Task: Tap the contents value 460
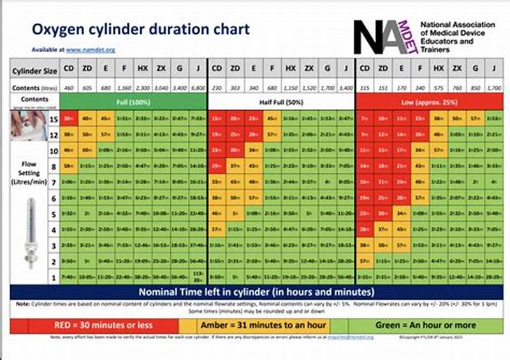coord(68,87)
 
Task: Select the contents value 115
coord(365,87)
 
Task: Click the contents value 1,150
coord(290,87)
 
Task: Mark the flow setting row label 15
coord(54,119)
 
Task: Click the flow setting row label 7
coord(54,182)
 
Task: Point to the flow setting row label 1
coord(54,277)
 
